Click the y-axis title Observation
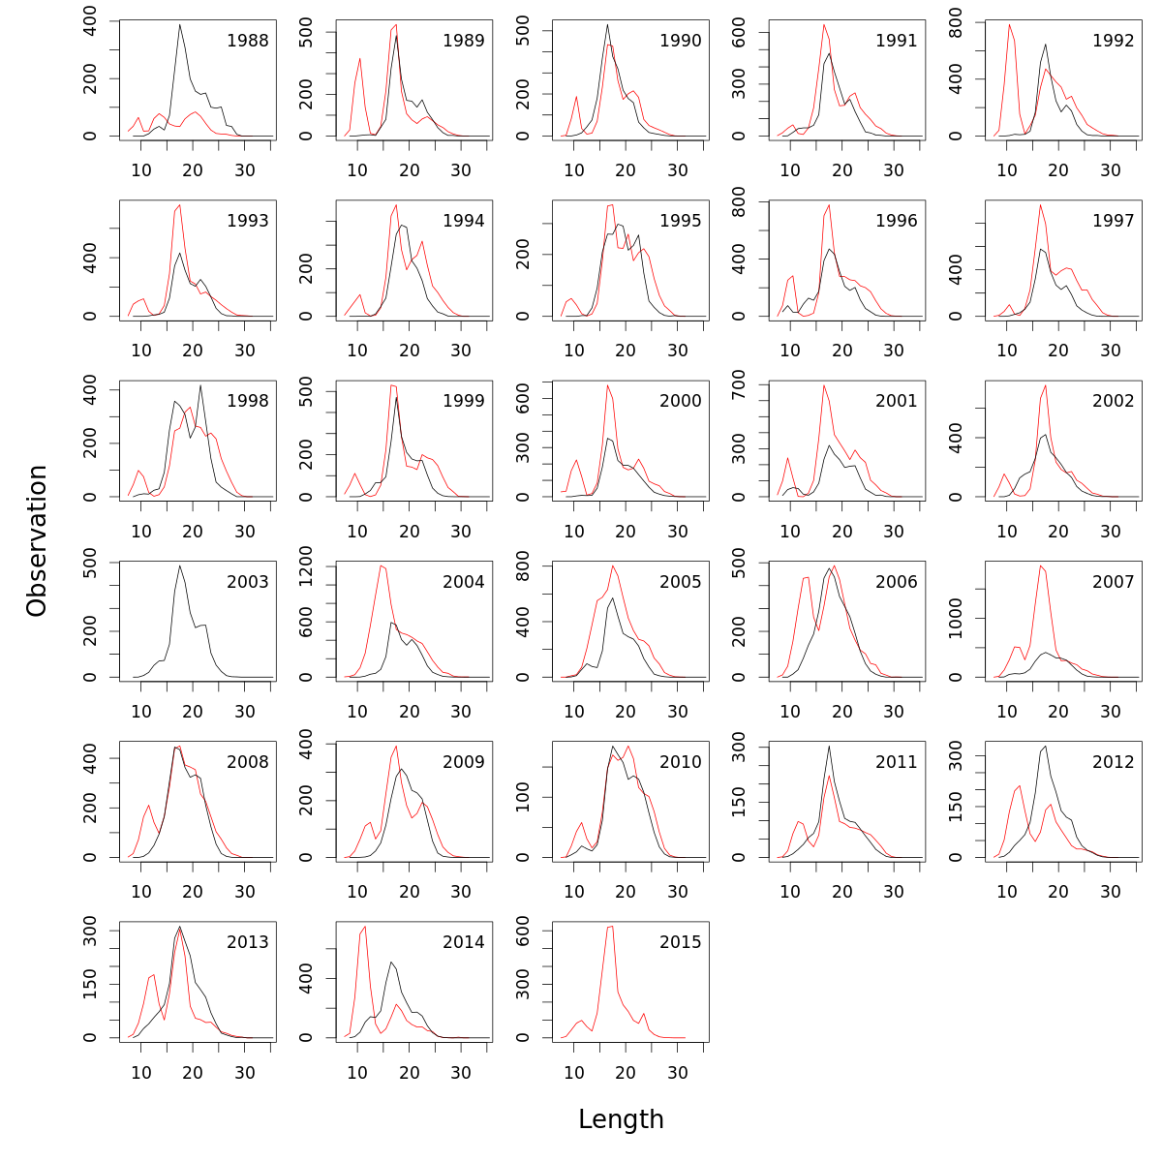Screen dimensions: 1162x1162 (37, 540)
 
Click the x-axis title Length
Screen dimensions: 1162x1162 (621, 1119)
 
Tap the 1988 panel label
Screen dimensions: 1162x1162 (247, 41)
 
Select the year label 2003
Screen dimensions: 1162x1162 (247, 582)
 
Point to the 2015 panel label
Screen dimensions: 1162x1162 (680, 942)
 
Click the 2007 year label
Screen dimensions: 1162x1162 (1113, 582)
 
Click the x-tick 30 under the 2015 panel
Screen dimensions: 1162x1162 (678, 1072)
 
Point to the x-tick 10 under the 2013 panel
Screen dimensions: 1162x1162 (141, 1072)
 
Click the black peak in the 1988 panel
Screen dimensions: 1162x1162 (180, 24)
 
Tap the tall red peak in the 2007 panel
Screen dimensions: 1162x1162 (1040, 566)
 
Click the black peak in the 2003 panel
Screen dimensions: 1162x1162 (180, 566)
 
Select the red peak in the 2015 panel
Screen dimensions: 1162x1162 (611, 927)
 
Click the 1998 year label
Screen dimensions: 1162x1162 (247, 401)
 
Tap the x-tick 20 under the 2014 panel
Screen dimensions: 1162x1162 (410, 1072)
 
